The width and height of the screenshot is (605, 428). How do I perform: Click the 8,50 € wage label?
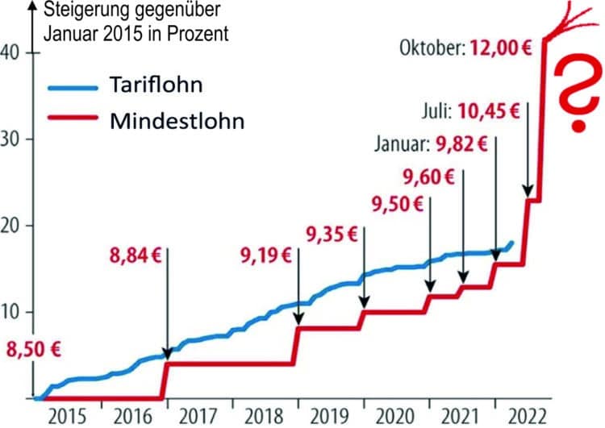(34, 351)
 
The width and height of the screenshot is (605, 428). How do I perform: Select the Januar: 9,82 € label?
(432, 145)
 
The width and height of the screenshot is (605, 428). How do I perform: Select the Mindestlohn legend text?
(173, 121)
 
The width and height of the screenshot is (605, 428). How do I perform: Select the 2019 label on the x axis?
(331, 416)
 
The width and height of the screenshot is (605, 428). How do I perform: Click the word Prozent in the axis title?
(194, 35)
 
